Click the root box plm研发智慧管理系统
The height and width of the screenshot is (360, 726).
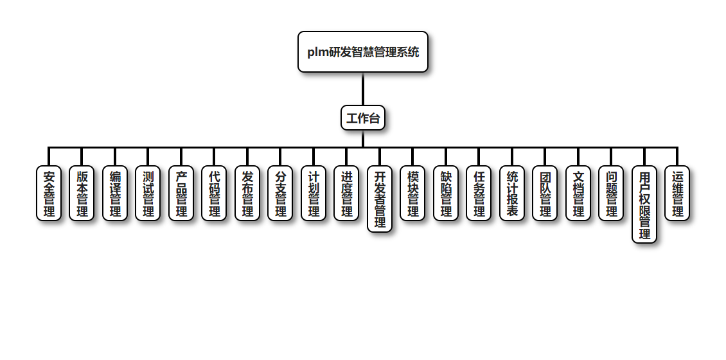coord(363,52)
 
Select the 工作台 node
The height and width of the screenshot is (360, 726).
coord(363,118)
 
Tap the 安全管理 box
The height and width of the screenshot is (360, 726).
coord(49,194)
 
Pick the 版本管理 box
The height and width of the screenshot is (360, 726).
coord(82,194)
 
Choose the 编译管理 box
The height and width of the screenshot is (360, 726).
coord(115,194)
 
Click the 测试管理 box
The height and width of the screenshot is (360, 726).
coord(148,194)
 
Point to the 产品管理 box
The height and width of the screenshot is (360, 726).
coord(181,194)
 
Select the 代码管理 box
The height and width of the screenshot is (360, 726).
coord(214,194)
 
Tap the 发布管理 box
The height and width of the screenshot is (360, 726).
coord(247,194)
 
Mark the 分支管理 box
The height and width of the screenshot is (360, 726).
coord(280,194)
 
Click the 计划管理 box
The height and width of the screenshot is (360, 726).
coord(314,194)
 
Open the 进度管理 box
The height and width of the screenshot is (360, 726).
coord(346,194)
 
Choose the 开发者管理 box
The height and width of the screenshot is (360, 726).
coord(380,199)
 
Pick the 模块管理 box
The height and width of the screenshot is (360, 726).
coord(412,194)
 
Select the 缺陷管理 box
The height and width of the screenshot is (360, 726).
coord(446,194)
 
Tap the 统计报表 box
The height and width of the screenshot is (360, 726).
coord(512,194)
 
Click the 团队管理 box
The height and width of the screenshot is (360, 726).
coord(545,194)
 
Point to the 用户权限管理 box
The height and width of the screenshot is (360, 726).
coord(644,204)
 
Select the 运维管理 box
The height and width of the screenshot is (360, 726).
coord(677,194)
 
